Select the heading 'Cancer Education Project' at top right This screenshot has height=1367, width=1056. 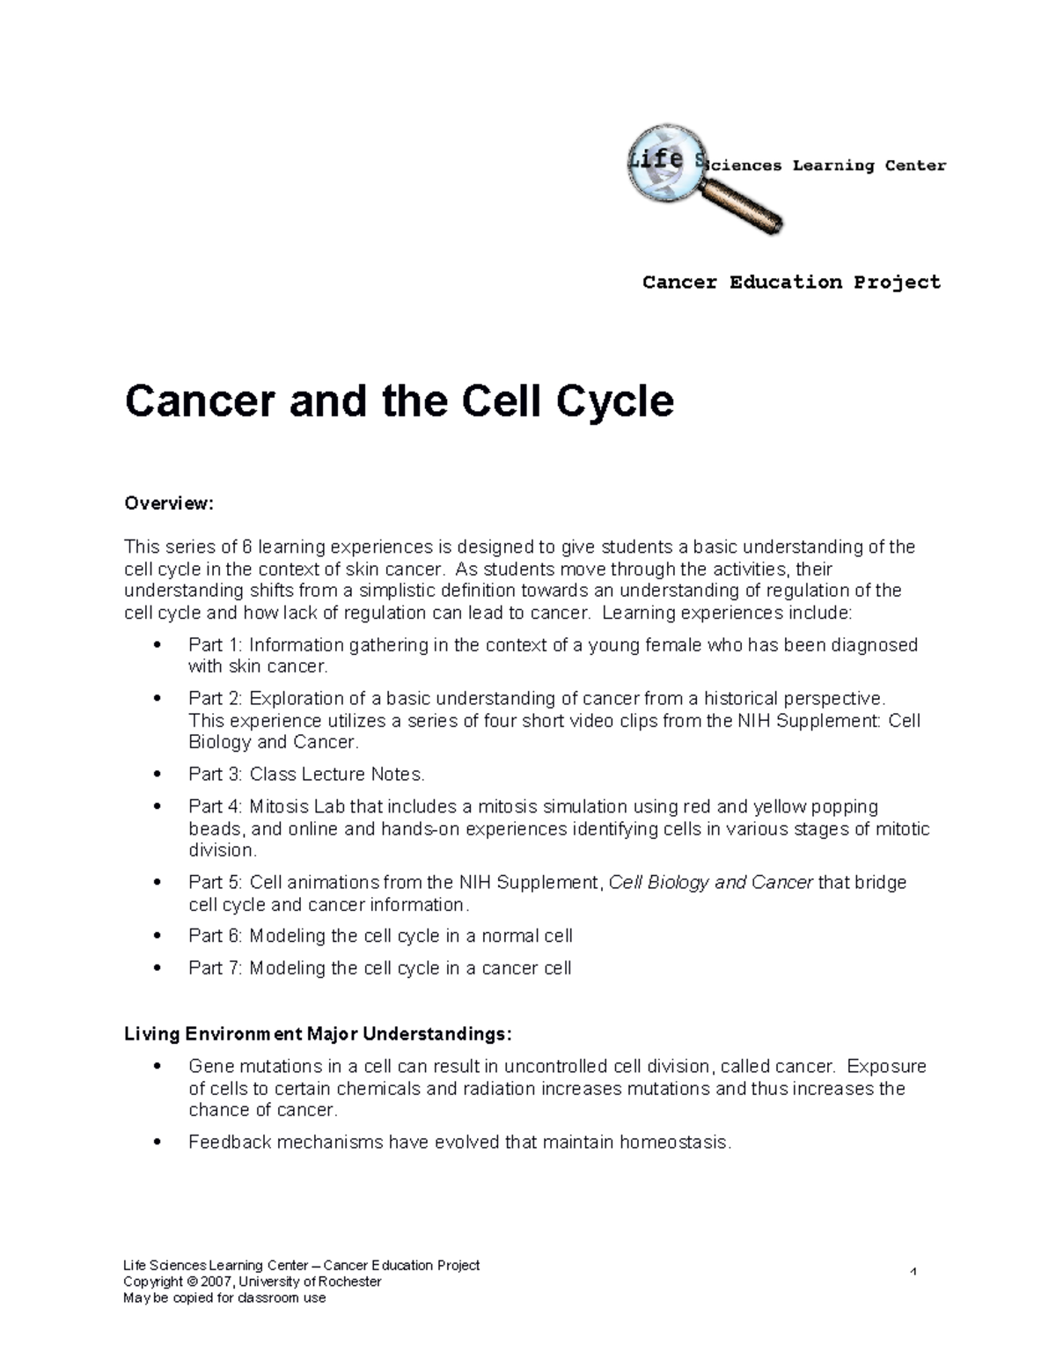[x=791, y=283]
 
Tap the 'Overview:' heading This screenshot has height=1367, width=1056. [x=169, y=503]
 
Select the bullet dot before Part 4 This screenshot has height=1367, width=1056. [x=158, y=807]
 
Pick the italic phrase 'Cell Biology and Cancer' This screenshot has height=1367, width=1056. [x=711, y=883]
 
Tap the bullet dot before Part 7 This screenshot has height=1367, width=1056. [x=158, y=968]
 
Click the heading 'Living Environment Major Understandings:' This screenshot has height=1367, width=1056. [x=318, y=1033]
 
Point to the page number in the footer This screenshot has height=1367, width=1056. [x=914, y=1272]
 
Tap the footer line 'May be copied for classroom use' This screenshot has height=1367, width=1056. [x=224, y=1297]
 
